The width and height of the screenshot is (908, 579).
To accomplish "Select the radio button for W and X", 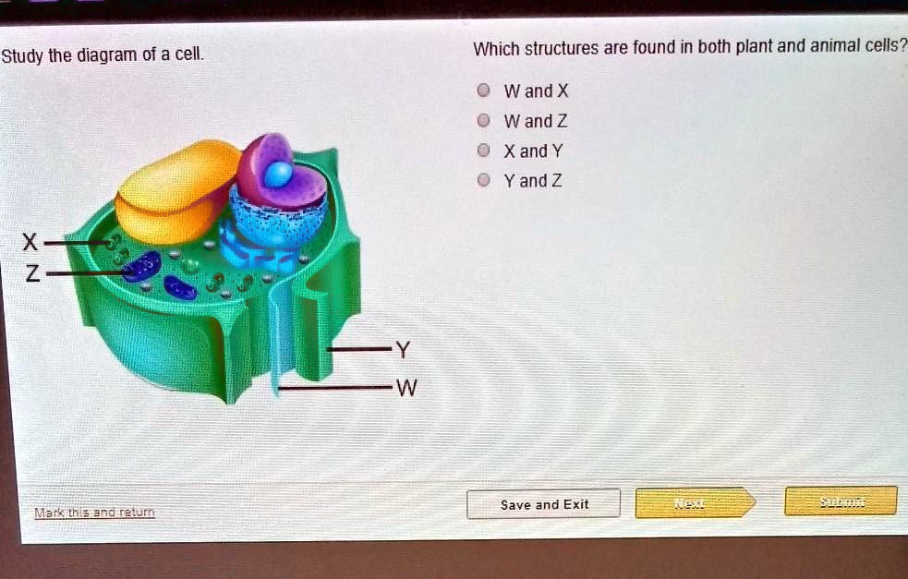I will click(481, 91).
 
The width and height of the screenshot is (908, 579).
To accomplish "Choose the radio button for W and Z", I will click(481, 121).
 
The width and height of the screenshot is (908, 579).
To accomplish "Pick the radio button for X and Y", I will click(481, 151).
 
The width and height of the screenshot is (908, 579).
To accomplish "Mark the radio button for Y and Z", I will click(481, 181).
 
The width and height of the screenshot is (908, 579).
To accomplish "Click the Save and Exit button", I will click(544, 504).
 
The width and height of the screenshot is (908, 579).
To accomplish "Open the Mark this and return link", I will click(94, 513).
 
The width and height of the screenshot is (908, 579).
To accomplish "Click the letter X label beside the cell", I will click(30, 244).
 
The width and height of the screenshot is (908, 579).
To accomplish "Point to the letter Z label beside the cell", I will click(31, 274).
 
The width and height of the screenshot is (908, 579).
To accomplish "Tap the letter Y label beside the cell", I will click(400, 350).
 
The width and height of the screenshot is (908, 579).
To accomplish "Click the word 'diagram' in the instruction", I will click(106, 55).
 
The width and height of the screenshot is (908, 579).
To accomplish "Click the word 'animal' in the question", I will click(829, 47).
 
